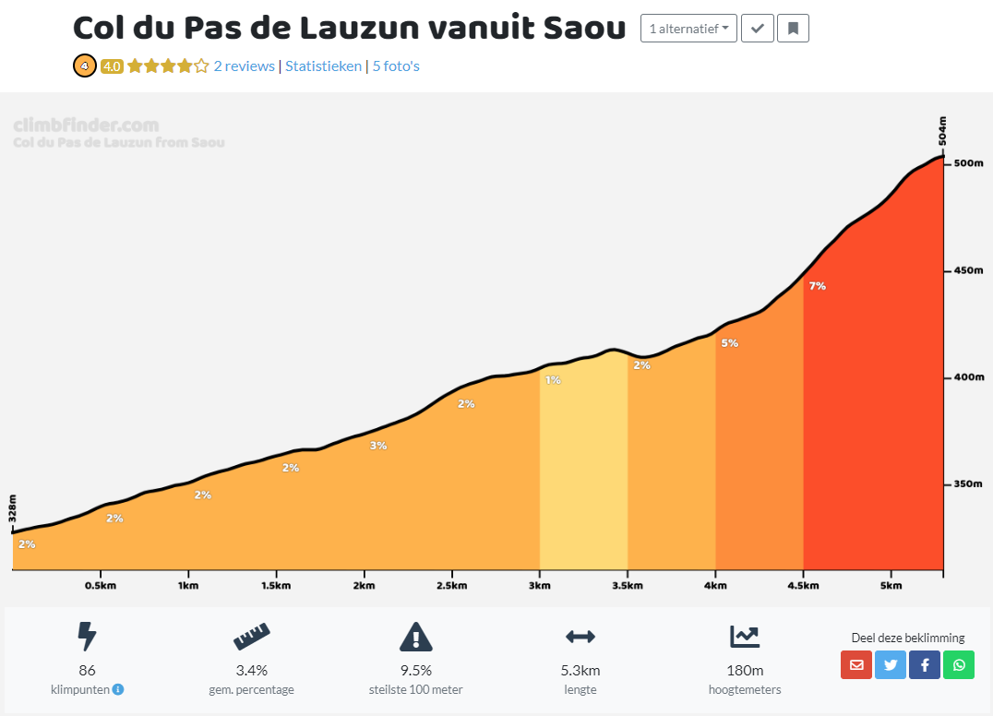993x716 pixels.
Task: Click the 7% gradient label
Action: point(817,286)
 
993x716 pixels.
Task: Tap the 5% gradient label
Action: point(729,343)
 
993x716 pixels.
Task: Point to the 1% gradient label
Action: point(553,379)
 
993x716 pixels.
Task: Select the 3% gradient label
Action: point(378,446)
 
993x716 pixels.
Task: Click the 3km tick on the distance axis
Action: point(540,585)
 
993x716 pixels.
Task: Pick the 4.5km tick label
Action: point(803,585)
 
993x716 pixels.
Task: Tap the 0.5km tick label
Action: point(101,585)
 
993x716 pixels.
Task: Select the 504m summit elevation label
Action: point(942,132)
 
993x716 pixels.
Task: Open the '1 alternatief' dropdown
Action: point(688,29)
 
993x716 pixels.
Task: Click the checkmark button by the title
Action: point(758,29)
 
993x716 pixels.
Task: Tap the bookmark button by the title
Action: point(793,29)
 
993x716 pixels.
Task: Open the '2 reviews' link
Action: point(244,66)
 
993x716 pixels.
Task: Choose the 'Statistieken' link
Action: point(323,66)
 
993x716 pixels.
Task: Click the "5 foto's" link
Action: point(396,66)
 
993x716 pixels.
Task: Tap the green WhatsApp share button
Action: point(959,664)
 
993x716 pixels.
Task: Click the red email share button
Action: point(856,664)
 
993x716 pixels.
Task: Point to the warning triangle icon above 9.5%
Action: point(416,637)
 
